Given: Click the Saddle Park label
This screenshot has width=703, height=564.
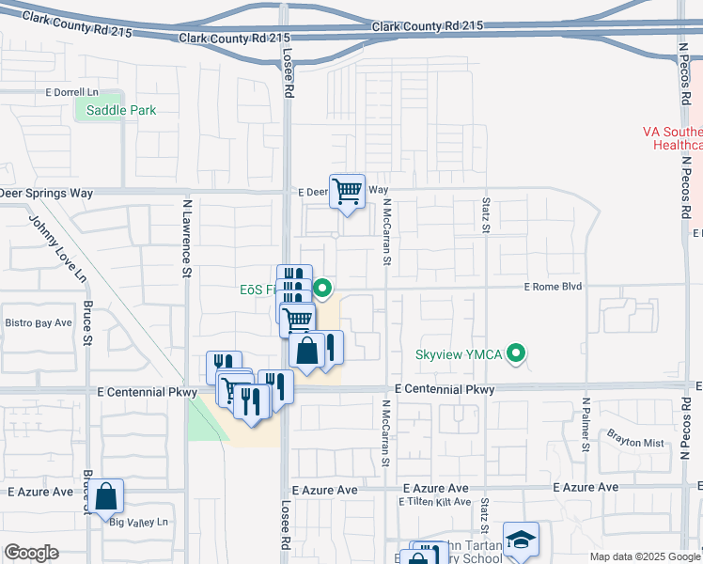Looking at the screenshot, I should click(120, 110).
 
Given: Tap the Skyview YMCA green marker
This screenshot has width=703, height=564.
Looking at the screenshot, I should click(515, 354).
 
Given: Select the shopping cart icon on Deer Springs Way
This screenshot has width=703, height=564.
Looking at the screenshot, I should click(347, 192).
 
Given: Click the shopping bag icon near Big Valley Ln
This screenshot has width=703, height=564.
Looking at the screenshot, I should click(107, 495).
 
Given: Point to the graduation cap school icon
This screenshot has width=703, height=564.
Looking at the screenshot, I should click(521, 540).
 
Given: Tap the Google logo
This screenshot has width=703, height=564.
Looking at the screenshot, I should click(31, 553).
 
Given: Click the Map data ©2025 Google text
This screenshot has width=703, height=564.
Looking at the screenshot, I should click(645, 556).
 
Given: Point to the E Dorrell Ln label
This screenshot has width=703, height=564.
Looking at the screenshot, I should click(71, 92).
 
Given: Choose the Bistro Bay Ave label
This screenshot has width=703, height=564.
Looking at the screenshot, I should click(39, 322).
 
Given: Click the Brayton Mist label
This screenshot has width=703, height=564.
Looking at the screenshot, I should click(635, 442).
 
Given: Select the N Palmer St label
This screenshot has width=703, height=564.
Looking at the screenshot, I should click(586, 424).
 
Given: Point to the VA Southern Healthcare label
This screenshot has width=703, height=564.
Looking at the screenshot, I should click(673, 139).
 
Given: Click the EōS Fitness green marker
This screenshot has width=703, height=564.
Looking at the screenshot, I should click(322, 289).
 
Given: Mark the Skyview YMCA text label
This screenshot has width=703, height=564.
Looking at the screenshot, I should click(459, 355).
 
